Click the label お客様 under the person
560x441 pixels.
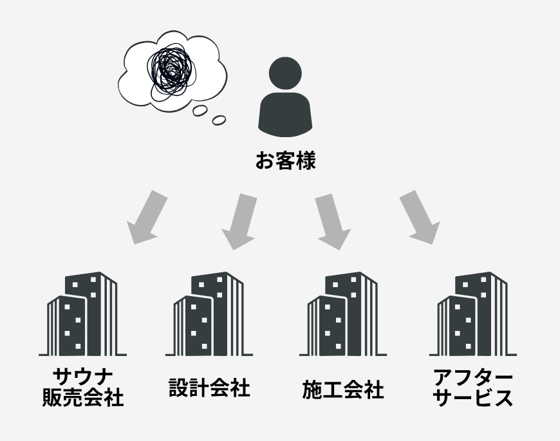tap(285, 160)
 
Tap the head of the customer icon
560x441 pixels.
tap(285, 75)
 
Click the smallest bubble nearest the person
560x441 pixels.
tap(219, 120)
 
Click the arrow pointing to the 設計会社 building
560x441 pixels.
tap(241, 220)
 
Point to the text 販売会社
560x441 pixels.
tap(82, 397)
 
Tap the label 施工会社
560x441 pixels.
tap(342, 389)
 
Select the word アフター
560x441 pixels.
tap(473, 377)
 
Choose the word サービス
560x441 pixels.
tap(473, 398)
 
